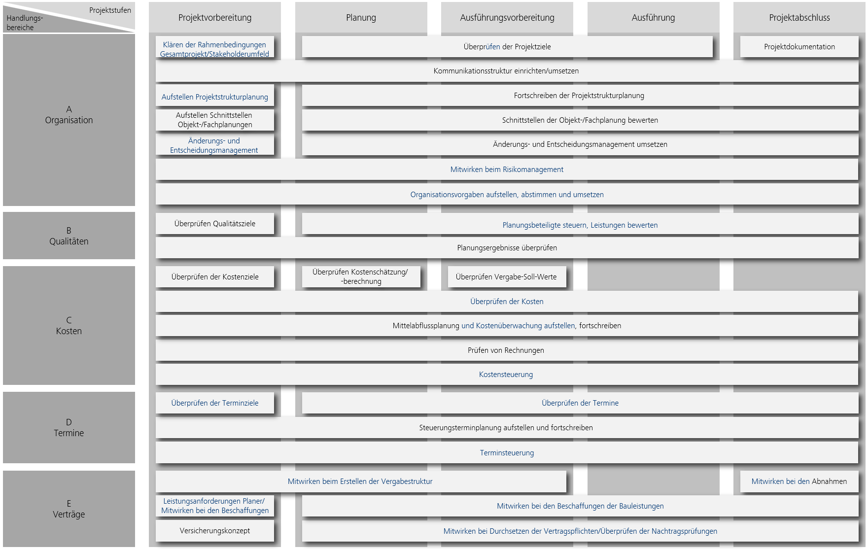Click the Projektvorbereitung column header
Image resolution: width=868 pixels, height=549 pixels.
coord(215,18)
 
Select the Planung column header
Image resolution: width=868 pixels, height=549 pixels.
coord(361,18)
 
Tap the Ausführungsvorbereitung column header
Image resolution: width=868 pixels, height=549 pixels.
coord(507,18)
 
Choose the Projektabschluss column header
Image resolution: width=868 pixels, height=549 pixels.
coord(799,18)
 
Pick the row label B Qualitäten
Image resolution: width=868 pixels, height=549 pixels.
coord(69,236)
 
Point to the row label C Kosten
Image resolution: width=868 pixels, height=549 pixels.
coord(69,325)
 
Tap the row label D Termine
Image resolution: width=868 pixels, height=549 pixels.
coord(69,427)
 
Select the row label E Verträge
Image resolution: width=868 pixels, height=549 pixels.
coord(69,509)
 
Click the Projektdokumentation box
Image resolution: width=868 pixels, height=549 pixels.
coord(799,47)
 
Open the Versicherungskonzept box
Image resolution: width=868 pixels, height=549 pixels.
coord(215,531)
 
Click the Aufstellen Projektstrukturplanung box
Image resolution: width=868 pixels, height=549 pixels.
coord(215,97)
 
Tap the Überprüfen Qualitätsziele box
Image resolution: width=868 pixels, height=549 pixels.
coord(215,224)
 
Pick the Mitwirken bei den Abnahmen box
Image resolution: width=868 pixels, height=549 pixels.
coord(799,481)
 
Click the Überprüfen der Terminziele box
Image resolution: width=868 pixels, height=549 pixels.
coord(215,403)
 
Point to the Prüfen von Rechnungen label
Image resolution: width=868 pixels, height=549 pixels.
coord(506,350)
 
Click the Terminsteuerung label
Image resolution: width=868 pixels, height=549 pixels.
coord(507,453)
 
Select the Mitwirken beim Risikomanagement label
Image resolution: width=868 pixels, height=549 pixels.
coord(507,170)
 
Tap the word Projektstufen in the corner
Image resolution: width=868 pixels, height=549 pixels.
coord(110,10)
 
